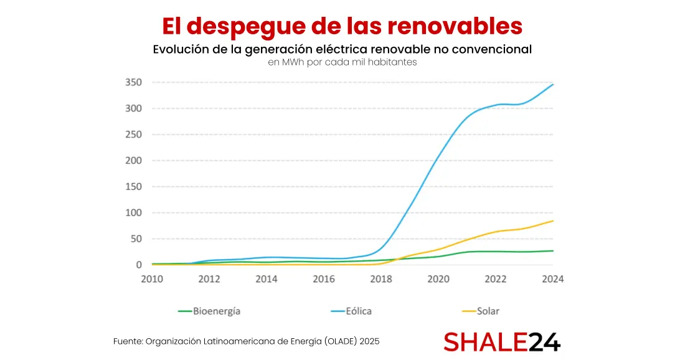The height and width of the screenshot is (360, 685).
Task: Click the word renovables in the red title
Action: pyautogui.click(x=454, y=26)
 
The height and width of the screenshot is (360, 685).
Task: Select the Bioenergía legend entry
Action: pyautogui.click(x=217, y=311)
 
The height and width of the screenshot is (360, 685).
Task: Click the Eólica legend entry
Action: pyautogui.click(x=359, y=311)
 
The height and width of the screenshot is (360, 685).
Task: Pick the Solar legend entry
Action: pyautogui.click(x=488, y=311)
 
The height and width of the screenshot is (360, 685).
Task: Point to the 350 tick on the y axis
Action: pyautogui.click(x=133, y=82)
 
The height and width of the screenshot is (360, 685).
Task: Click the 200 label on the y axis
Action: pyautogui.click(x=133, y=161)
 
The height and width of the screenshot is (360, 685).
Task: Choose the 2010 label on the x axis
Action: pyautogui.click(x=152, y=279)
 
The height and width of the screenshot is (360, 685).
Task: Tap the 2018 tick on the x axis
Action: pyautogui.click(x=381, y=279)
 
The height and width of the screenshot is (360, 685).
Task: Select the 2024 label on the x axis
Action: pyautogui.click(x=552, y=279)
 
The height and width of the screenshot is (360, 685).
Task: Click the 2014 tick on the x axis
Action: pyautogui.click(x=267, y=279)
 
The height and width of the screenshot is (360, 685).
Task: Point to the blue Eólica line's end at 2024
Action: pyautogui.click(x=553, y=84)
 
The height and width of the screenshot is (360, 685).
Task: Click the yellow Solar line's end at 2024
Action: pyautogui.click(x=553, y=220)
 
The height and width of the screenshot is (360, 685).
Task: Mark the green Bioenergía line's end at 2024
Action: pyautogui.click(x=553, y=251)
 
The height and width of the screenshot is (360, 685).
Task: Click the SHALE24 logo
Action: pyautogui.click(x=502, y=342)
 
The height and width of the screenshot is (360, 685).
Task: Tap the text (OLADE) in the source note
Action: pyautogui.click(x=336, y=341)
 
